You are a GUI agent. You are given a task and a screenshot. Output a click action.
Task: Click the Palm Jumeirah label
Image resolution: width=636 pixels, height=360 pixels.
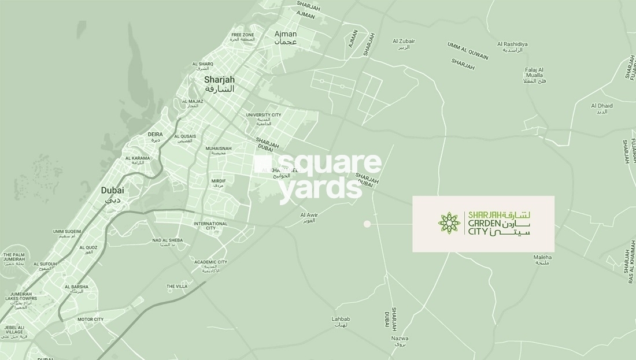(x=13, y=257)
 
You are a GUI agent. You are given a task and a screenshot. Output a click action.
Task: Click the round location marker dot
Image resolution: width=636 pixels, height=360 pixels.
(x=367, y=224)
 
